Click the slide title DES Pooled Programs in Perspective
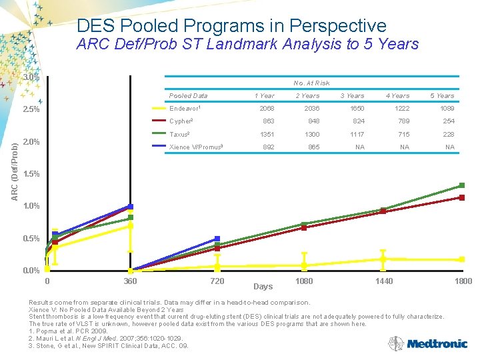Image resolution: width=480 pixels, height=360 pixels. click(x=231, y=26)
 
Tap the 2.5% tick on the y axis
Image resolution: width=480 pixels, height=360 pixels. click(x=31, y=110)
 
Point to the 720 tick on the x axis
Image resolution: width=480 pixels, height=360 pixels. click(x=217, y=281)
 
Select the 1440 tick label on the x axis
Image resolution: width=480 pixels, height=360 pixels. click(x=383, y=281)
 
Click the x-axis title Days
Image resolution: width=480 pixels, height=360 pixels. click(x=263, y=287)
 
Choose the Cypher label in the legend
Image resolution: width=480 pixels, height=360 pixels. click(x=181, y=121)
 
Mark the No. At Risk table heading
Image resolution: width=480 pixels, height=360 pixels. click(x=312, y=83)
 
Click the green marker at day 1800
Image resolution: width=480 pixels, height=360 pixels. click(x=461, y=185)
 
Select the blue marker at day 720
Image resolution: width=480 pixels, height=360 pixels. click(x=217, y=239)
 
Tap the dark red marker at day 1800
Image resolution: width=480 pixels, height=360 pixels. click(x=461, y=197)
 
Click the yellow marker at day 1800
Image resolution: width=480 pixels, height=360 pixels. click(x=461, y=259)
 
